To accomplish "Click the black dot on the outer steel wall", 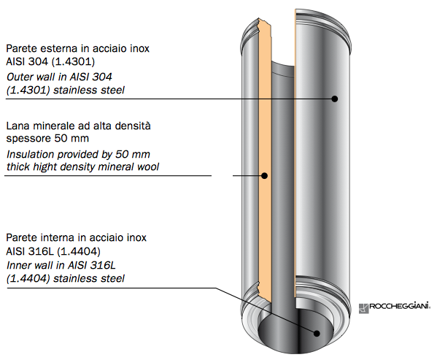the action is tap(335, 99).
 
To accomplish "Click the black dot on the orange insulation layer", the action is tap(265, 176).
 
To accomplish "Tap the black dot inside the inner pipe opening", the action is tap(317, 333).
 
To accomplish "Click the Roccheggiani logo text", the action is tap(400, 306).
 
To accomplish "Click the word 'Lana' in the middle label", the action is tap(18, 126).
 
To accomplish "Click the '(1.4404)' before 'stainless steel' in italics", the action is tap(28, 278).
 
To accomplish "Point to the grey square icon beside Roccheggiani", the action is tap(364, 308).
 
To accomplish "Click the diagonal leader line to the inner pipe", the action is tap(266, 310).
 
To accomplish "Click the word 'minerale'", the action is tap(54, 126).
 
